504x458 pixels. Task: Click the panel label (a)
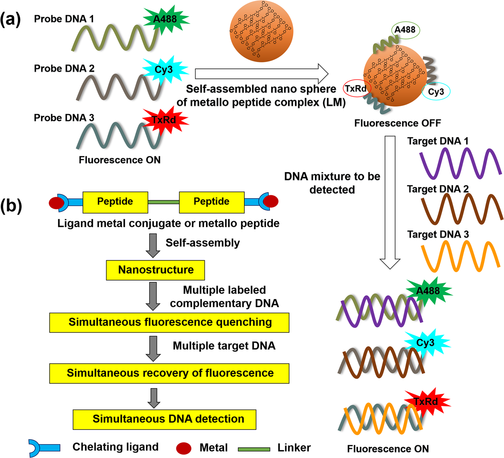click(x=11, y=19)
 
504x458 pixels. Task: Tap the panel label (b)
click(x=11, y=205)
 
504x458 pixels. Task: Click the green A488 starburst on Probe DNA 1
click(x=165, y=19)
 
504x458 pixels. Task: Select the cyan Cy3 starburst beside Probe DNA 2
click(x=164, y=69)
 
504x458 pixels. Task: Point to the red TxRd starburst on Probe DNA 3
click(x=165, y=120)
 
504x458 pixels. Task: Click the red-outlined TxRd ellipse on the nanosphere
click(x=356, y=89)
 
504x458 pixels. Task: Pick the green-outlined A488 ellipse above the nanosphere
click(x=405, y=30)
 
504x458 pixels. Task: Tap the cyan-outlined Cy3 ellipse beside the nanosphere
click(x=436, y=92)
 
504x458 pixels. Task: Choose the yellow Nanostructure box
click(x=155, y=270)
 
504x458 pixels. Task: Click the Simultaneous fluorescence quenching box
click(x=169, y=322)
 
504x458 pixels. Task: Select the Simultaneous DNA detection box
click(x=164, y=419)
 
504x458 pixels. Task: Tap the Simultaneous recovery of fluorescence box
click(x=169, y=373)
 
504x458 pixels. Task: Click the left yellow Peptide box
click(x=115, y=202)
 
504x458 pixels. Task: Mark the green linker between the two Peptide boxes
click(x=163, y=202)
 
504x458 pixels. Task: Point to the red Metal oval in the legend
click(x=184, y=448)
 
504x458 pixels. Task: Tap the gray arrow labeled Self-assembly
click(x=153, y=245)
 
